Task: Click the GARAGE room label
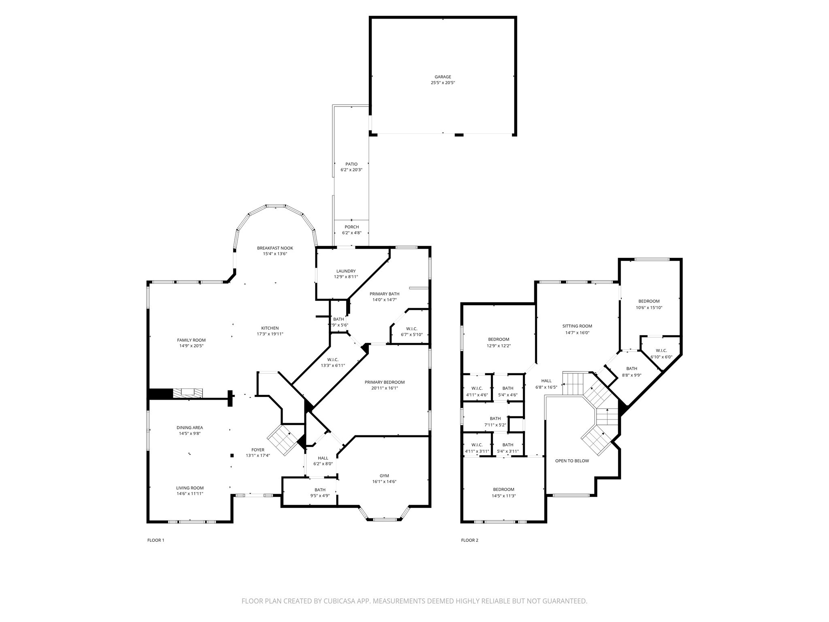click(x=442, y=77)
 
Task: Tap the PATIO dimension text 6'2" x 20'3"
click(x=351, y=170)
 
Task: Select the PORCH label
click(x=351, y=227)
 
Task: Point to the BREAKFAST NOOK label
click(x=275, y=248)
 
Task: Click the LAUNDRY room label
click(x=346, y=271)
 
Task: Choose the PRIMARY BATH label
click(x=384, y=294)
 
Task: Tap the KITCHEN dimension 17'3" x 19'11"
click(x=270, y=334)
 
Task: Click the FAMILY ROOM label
click(x=191, y=340)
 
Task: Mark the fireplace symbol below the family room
click(x=188, y=393)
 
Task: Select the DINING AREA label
click(x=189, y=428)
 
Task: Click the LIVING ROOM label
click(x=189, y=488)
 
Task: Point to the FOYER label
click(x=258, y=450)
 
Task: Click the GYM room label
click(x=384, y=476)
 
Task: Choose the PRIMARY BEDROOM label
click(x=384, y=382)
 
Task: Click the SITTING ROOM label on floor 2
click(x=577, y=326)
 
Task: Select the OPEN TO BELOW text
click(x=572, y=461)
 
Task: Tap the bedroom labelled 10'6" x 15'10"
click(x=648, y=304)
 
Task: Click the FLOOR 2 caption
click(x=470, y=540)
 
